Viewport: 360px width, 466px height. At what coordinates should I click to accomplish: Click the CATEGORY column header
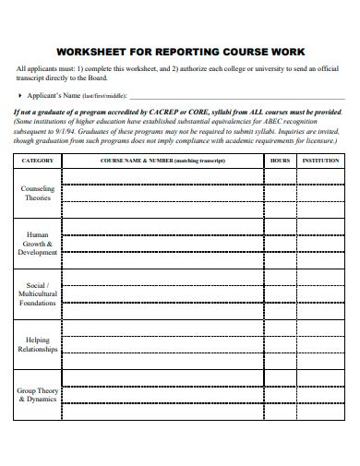[38, 160]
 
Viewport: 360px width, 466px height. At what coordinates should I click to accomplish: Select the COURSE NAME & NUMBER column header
[162, 160]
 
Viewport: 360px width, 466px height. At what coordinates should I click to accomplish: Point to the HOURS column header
[280, 160]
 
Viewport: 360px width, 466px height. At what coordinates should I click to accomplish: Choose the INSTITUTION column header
[321, 160]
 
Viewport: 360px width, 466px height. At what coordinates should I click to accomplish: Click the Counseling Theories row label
[38, 192]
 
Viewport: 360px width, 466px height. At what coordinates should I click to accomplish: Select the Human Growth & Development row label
[38, 243]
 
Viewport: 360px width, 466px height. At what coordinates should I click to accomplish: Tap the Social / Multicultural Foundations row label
[38, 293]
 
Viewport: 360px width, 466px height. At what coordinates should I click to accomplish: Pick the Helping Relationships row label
[38, 344]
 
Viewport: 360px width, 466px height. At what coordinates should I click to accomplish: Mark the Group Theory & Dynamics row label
[38, 395]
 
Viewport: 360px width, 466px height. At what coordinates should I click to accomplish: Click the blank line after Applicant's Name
[231, 97]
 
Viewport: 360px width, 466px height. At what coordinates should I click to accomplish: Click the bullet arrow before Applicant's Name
[21, 95]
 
